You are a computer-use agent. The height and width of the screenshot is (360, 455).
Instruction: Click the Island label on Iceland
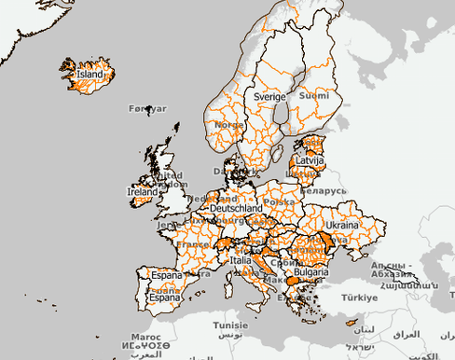tap(90, 74)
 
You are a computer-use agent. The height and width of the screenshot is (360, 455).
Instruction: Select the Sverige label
tap(269, 96)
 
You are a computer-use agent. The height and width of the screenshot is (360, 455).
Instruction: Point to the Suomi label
tap(313, 95)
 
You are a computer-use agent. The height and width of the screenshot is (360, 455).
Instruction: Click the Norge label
tap(228, 124)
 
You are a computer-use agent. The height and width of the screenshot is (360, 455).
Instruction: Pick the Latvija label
tap(308, 161)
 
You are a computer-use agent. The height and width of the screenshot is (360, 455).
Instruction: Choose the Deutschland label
tap(238, 209)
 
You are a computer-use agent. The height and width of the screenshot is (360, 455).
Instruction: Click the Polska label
tap(279, 201)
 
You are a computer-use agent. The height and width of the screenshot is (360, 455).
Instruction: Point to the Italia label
tap(241, 261)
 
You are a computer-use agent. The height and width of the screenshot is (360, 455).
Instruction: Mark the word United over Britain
tap(169, 174)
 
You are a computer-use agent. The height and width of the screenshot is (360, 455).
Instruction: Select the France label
tap(193, 244)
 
